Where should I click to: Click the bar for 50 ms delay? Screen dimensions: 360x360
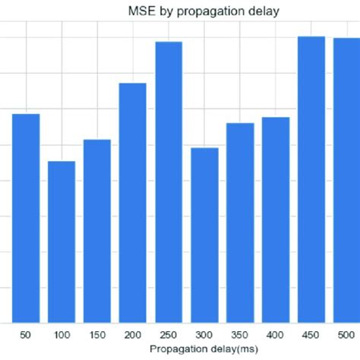[26, 218]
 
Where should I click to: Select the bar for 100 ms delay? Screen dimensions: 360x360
[62, 242]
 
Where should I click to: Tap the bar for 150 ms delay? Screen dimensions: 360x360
[97, 231]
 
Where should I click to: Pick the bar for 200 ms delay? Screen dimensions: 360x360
[133, 203]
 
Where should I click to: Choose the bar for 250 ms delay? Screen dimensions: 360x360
[169, 182]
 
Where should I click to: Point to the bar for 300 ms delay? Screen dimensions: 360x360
[204, 235]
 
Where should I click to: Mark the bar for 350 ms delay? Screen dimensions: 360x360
[240, 223]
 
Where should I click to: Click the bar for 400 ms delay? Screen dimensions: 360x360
[276, 219]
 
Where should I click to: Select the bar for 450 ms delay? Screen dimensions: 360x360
[311, 179]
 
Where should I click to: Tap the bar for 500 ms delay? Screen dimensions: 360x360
[346, 180]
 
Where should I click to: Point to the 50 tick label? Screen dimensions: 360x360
[26, 335]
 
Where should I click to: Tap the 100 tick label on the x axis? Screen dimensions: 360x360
[62, 335]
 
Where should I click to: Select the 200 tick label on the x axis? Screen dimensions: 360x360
[133, 335]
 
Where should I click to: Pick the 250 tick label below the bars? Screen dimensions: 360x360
[169, 335]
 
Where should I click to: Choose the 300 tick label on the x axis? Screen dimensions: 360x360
[204, 335]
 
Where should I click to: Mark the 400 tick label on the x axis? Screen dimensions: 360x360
[276, 335]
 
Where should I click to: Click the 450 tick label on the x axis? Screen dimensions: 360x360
[311, 335]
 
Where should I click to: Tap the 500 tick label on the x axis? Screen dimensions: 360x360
[346, 335]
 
